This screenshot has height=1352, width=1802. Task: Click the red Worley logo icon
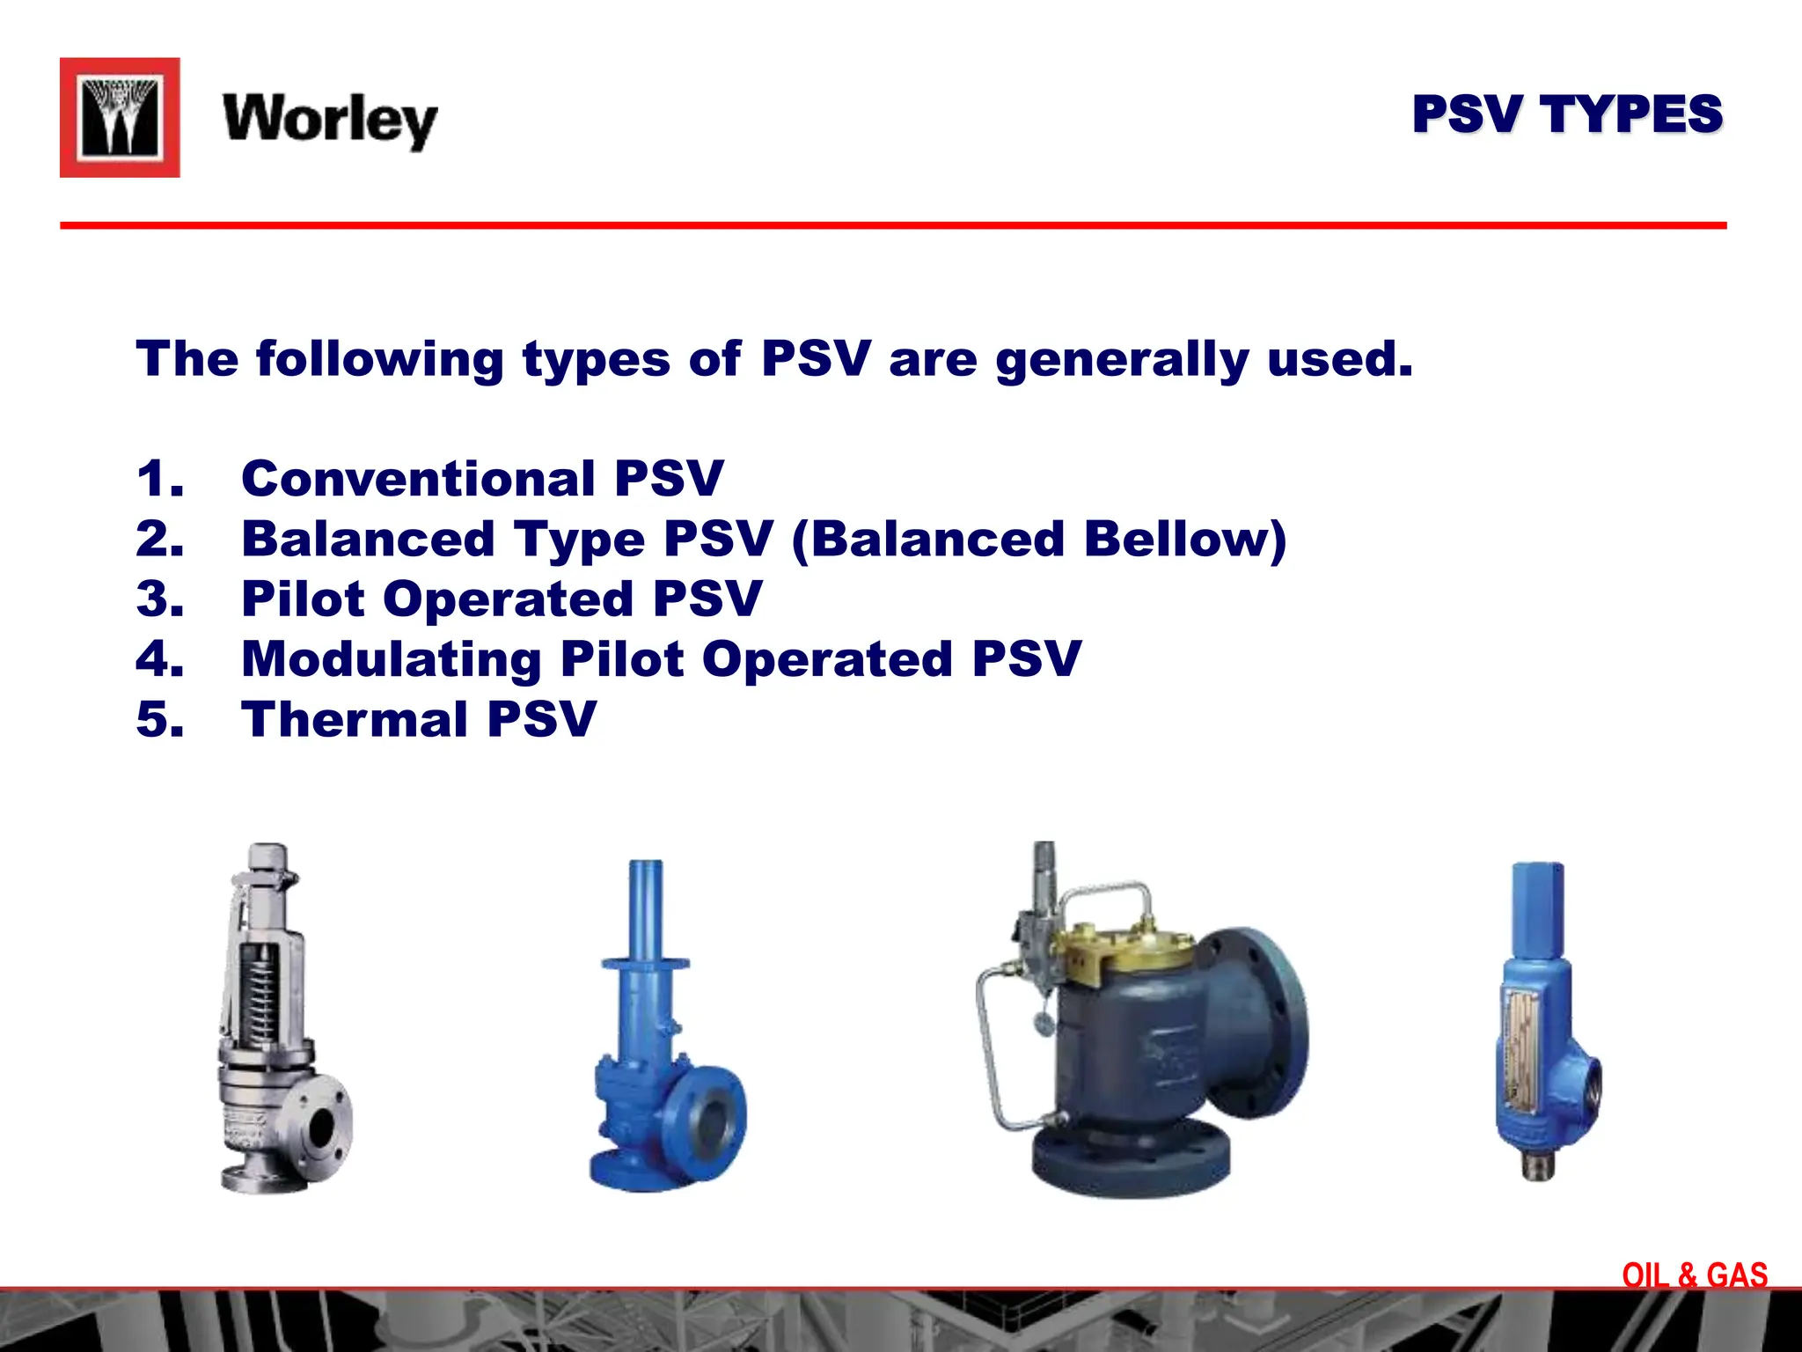pyautogui.click(x=120, y=118)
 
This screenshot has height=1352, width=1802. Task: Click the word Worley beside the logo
pyautogui.click(x=330, y=120)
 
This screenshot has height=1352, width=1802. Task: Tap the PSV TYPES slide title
pyautogui.click(x=1566, y=114)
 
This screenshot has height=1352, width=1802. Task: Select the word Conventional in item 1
pyautogui.click(x=419, y=479)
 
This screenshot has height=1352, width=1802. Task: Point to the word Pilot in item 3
pyautogui.click(x=303, y=599)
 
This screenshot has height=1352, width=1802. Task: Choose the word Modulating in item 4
pyautogui.click(x=391, y=659)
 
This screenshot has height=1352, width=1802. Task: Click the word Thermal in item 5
pyautogui.click(x=355, y=719)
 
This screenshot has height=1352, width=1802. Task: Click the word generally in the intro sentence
pyautogui.click(x=1122, y=359)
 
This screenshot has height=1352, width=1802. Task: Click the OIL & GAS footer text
pyautogui.click(x=1694, y=1275)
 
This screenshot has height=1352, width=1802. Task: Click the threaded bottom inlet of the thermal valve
pyautogui.click(x=1538, y=1166)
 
